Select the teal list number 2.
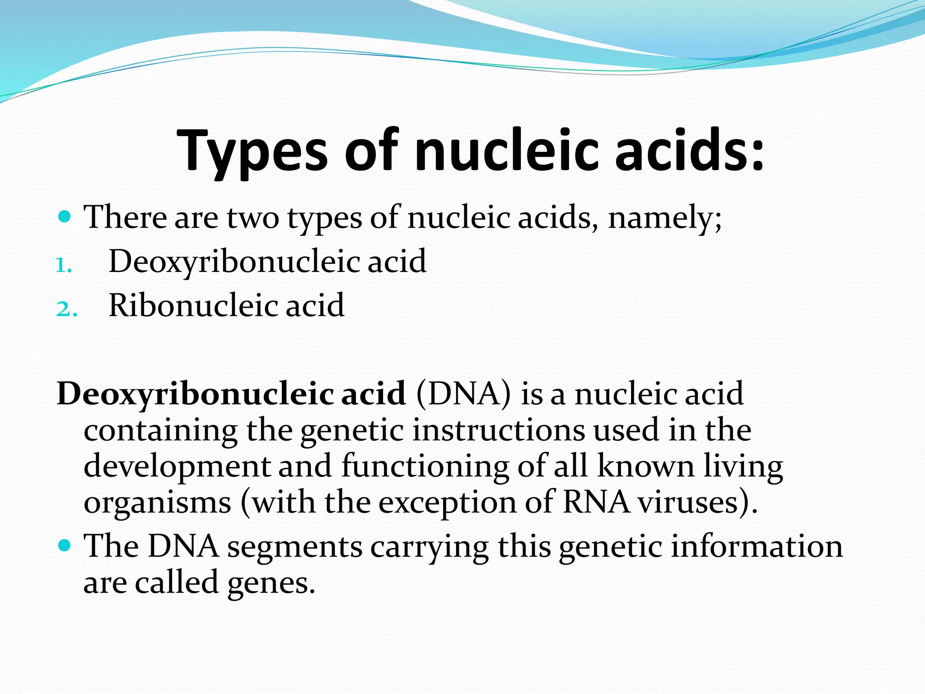tap(66, 309)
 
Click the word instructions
tap(499, 430)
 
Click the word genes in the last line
tap(270, 583)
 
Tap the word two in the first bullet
tap(253, 218)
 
